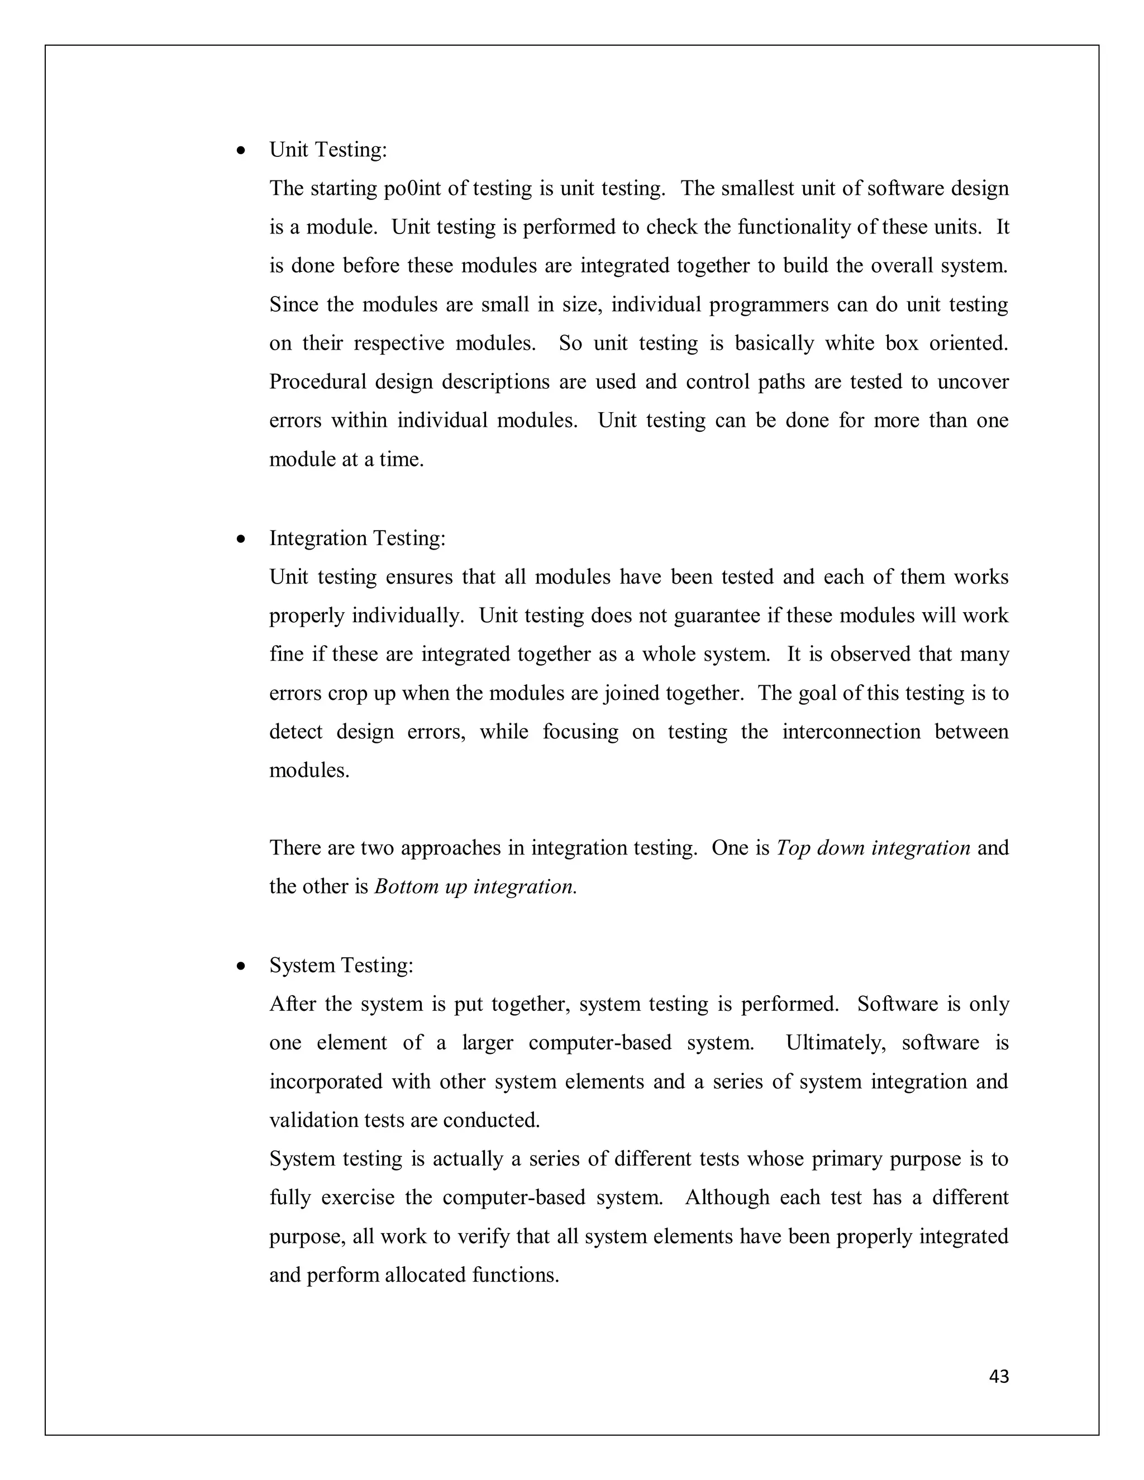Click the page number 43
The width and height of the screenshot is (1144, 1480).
(x=999, y=1376)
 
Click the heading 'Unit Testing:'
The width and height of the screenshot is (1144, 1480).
(x=328, y=150)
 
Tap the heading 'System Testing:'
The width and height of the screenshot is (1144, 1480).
(x=341, y=965)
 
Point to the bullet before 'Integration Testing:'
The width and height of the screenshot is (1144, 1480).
(x=241, y=540)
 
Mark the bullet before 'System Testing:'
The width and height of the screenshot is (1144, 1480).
(x=241, y=967)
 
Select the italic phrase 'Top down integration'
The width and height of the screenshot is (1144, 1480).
(x=873, y=848)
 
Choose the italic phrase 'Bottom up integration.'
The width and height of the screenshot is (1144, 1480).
(x=475, y=887)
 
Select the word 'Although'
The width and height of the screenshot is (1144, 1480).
(x=727, y=1197)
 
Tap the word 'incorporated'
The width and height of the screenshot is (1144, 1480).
(x=325, y=1082)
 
